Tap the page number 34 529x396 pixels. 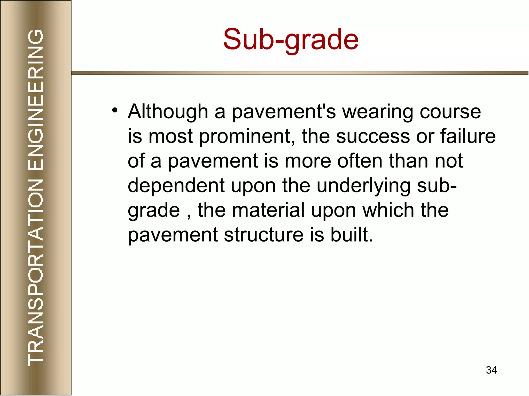coord(491,370)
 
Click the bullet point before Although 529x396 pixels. coord(115,111)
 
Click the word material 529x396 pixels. coord(268,210)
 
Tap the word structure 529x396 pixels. coord(263,235)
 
